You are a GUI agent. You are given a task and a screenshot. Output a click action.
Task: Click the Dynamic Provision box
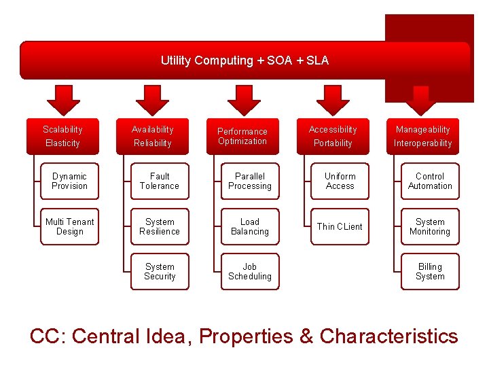(70, 181)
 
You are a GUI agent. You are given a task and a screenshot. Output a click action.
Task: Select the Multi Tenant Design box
(70, 227)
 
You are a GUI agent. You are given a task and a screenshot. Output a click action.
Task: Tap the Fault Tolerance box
(160, 181)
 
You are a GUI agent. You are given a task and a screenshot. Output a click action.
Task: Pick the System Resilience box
(160, 227)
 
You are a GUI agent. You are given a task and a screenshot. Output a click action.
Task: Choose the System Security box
(160, 272)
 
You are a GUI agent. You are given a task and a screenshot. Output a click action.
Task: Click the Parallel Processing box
(250, 181)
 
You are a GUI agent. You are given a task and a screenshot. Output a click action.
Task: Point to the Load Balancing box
(250, 227)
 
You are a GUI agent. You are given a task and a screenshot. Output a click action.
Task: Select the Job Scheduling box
(250, 272)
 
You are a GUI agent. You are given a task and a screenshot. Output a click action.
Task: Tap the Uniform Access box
(340, 181)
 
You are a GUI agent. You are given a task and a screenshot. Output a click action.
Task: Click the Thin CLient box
(340, 227)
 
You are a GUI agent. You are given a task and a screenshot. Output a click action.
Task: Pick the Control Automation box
(430, 181)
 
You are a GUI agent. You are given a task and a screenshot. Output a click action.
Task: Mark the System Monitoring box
(430, 227)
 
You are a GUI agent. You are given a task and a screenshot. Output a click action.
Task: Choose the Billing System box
(430, 272)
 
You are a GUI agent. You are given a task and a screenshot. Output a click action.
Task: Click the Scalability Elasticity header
(62, 136)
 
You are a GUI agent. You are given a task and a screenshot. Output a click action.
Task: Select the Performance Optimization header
(242, 136)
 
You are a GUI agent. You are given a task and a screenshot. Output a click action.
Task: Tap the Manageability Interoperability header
(422, 136)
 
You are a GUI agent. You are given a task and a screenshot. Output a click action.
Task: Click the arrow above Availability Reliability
(152, 99)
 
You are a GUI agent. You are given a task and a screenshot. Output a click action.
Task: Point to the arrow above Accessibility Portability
(333, 99)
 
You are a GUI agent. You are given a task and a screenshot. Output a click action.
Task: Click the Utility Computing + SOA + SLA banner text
(244, 60)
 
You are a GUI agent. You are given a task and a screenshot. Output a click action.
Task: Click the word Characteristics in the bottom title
(388, 336)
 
